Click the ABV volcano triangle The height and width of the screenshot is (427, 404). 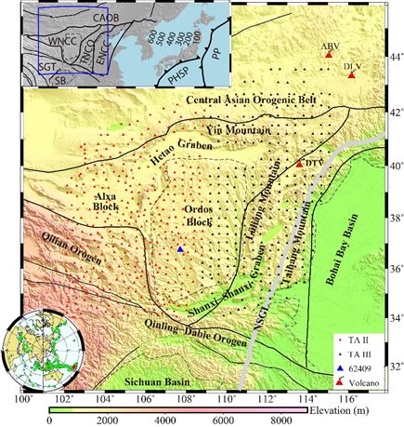329,56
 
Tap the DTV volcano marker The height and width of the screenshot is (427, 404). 299,164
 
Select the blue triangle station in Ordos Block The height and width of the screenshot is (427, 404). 180,250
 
